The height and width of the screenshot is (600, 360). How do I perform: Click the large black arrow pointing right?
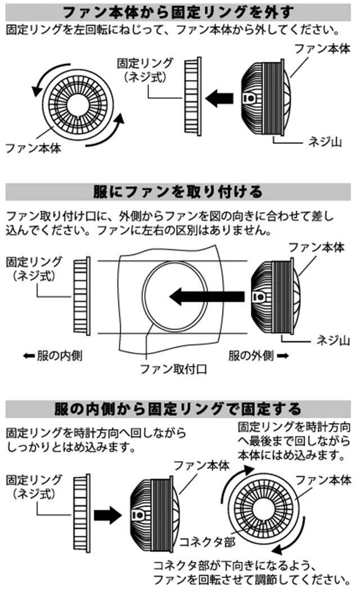click(x=107, y=513)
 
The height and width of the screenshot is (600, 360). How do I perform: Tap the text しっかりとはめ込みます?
click(x=70, y=448)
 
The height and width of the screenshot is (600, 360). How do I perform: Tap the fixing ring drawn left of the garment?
click(x=80, y=295)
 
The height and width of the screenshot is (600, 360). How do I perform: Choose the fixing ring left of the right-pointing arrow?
click(x=81, y=513)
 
